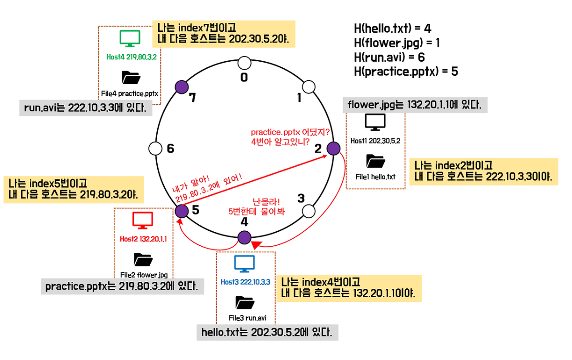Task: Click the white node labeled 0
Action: click(x=244, y=63)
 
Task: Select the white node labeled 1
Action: click(x=308, y=87)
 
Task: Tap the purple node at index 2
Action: click(x=333, y=149)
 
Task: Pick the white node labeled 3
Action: click(x=308, y=211)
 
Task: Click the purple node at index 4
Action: click(x=244, y=237)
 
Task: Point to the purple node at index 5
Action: click(x=182, y=211)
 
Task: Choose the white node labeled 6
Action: click(x=155, y=149)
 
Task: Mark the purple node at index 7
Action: click(x=181, y=87)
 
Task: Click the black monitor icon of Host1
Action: click(x=375, y=123)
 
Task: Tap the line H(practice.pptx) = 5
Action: click(x=406, y=72)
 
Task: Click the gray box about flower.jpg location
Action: click(x=415, y=105)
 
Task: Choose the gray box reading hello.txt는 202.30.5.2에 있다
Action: click(x=267, y=333)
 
